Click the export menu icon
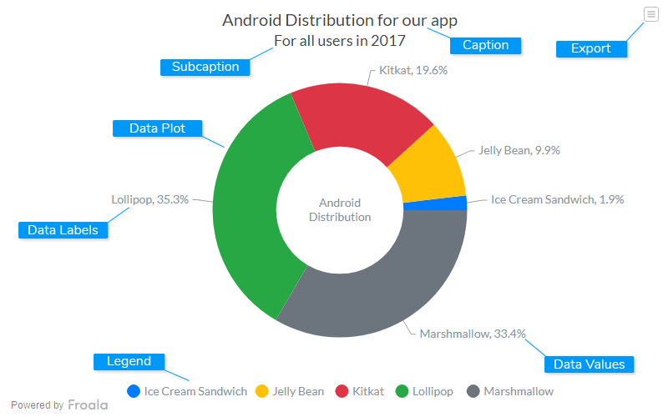click(x=650, y=13)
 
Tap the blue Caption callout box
click(x=485, y=45)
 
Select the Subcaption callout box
click(x=205, y=67)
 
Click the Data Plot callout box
click(x=157, y=128)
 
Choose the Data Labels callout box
click(x=63, y=230)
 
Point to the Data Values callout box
click(x=589, y=364)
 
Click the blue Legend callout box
click(x=129, y=361)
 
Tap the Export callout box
click(x=591, y=48)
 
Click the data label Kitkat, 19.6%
click(x=413, y=71)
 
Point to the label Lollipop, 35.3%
click(x=150, y=199)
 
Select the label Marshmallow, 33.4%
click(x=473, y=334)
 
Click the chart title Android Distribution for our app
click(x=340, y=20)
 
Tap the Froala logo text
click(x=88, y=405)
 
